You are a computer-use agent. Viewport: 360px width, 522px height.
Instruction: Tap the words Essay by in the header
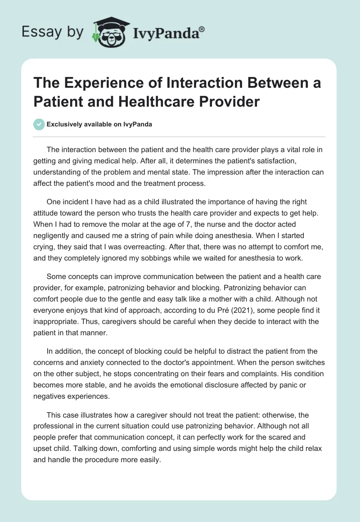coord(52,32)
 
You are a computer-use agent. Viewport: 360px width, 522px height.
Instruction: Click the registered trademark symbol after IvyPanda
coord(202,29)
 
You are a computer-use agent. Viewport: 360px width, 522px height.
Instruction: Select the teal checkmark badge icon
coord(39,124)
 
